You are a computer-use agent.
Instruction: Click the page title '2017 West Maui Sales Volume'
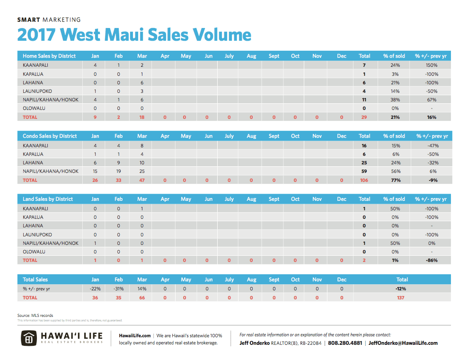coord(134,35)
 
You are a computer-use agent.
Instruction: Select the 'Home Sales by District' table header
coord(49,56)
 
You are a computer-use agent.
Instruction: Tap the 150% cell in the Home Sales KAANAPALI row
coord(431,65)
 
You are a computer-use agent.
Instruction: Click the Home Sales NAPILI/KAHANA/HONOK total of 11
coord(364,100)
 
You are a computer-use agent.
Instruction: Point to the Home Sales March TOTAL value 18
coord(141,117)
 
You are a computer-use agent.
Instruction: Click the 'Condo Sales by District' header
coord(50,136)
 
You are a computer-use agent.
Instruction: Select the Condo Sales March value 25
coord(141,171)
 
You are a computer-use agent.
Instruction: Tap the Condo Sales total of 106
coord(364,180)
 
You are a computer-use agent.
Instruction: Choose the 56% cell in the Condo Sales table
coord(395,171)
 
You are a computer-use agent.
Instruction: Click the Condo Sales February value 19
coord(118,171)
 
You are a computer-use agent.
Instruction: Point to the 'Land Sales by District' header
coord(48,199)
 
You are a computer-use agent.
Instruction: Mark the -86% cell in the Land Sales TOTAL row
coord(431,260)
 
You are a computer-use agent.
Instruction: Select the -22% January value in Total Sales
coord(95,288)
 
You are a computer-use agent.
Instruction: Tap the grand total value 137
coord(402,297)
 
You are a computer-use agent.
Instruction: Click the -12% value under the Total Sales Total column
coord(402,288)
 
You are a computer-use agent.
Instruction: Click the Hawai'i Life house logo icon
coord(29,339)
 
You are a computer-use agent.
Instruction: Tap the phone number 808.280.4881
coord(345,343)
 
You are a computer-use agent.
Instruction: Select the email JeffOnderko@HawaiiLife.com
coord(403,343)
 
